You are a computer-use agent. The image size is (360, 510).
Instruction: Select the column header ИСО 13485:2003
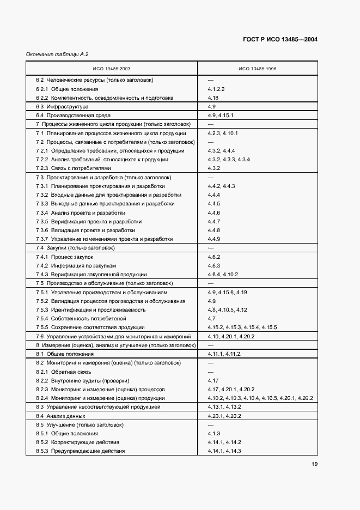click(x=111, y=69)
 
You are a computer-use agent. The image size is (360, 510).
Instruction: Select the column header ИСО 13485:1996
click(x=257, y=69)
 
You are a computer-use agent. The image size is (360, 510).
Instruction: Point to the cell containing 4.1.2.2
click(x=216, y=89)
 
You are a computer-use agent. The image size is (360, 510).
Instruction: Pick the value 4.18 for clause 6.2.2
click(x=213, y=98)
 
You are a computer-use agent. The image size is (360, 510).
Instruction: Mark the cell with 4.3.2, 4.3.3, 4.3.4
click(x=229, y=160)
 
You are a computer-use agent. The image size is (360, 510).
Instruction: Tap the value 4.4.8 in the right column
click(x=214, y=230)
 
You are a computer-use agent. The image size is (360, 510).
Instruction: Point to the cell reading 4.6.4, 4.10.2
click(x=223, y=275)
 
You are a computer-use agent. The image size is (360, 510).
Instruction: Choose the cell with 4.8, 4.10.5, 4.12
click(x=227, y=309)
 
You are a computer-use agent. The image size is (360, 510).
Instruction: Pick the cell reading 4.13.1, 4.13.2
click(x=224, y=407)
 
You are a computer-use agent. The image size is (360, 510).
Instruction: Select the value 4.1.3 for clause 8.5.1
click(x=214, y=434)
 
